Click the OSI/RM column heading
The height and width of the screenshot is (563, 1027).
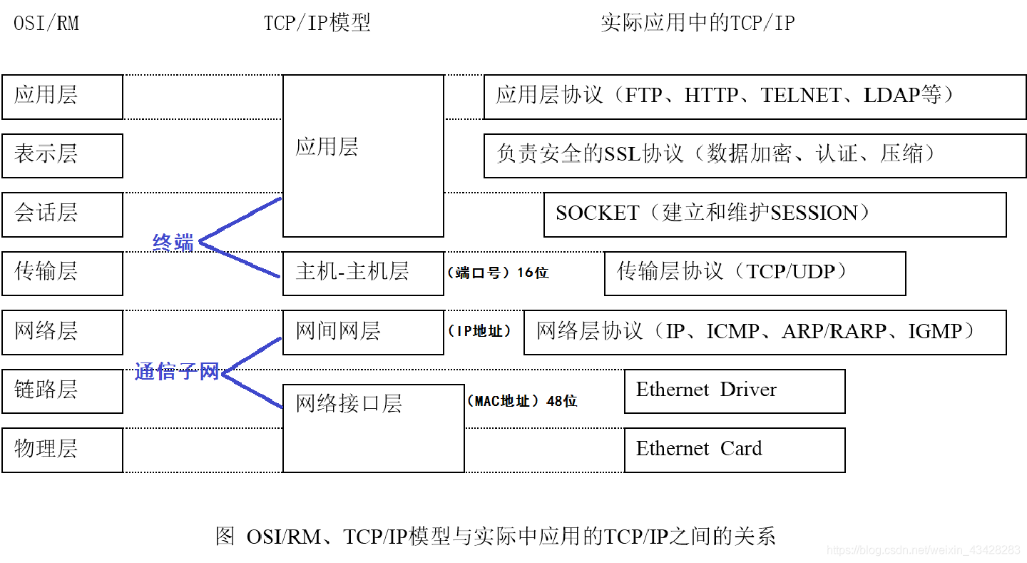click(x=46, y=24)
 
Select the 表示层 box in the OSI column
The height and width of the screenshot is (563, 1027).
click(x=62, y=155)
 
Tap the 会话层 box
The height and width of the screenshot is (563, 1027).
click(x=62, y=214)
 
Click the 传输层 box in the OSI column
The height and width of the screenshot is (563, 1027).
click(x=62, y=273)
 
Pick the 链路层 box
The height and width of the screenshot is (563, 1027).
click(x=62, y=390)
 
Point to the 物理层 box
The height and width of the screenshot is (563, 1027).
click(x=62, y=450)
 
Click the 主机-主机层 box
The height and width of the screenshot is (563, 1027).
click(x=363, y=273)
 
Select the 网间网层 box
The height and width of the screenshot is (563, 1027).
click(x=363, y=332)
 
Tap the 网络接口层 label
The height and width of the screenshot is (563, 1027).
click(x=349, y=404)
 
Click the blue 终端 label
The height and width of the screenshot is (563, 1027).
click(x=173, y=243)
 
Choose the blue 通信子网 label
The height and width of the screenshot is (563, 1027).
click(x=177, y=372)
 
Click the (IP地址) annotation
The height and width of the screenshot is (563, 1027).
click(x=479, y=331)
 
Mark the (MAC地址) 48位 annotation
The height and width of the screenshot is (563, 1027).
click(x=521, y=401)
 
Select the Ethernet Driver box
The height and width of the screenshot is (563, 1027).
click(x=735, y=390)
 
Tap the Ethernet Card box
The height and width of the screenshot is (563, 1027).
click(x=735, y=450)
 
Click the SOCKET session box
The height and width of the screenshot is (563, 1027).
click(x=775, y=214)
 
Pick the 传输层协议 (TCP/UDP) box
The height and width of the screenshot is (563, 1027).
click(x=755, y=273)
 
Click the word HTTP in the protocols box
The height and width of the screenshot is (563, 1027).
click(x=711, y=96)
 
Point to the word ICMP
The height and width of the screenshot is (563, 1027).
click(x=732, y=332)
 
